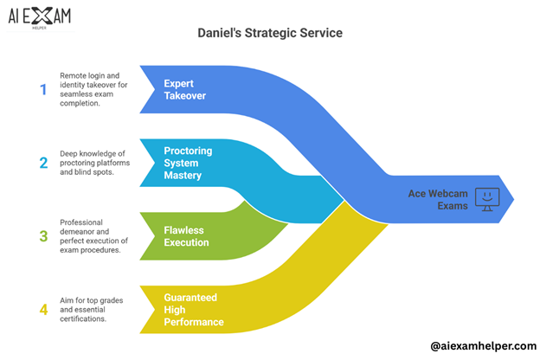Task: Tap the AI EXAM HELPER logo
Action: (41, 17)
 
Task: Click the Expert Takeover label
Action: (185, 90)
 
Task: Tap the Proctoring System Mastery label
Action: (189, 162)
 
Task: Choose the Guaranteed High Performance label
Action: (194, 309)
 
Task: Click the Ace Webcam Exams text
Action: (438, 199)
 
